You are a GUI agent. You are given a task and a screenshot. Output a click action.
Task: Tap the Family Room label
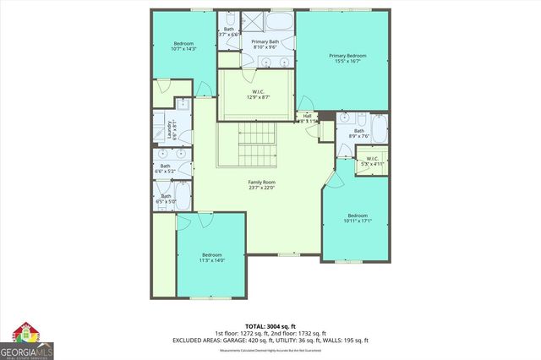(261, 185)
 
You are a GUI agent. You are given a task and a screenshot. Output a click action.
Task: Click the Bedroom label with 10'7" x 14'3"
(184, 46)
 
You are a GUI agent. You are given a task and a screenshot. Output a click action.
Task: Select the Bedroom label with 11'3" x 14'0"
(211, 258)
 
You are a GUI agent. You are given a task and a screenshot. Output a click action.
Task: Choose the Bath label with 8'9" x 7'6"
(359, 133)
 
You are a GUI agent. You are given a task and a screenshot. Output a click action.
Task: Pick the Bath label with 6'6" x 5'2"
(165, 168)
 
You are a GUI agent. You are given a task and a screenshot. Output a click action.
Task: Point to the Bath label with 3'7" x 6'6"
(227, 32)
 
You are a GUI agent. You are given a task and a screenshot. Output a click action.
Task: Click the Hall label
(308, 119)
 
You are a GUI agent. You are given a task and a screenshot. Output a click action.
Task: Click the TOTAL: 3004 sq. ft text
(268, 325)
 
